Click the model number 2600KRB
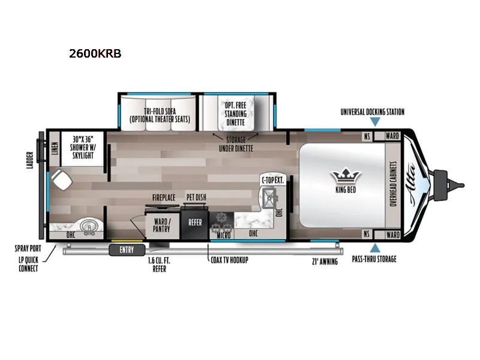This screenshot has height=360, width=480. pos(95,53)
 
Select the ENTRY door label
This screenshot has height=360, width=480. pos(127,250)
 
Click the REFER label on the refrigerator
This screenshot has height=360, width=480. pos(195,221)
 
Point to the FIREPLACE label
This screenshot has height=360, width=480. pos(163,197)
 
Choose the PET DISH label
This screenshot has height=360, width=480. pos(196,197)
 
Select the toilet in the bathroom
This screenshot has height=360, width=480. pos(60,178)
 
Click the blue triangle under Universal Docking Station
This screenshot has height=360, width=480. pos(375,122)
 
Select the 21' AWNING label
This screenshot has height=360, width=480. pos(325,261)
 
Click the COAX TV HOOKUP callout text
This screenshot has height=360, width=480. pos(229,260)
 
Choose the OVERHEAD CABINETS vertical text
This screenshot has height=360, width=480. pos(394,184)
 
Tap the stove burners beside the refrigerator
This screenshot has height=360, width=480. pos(220,223)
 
